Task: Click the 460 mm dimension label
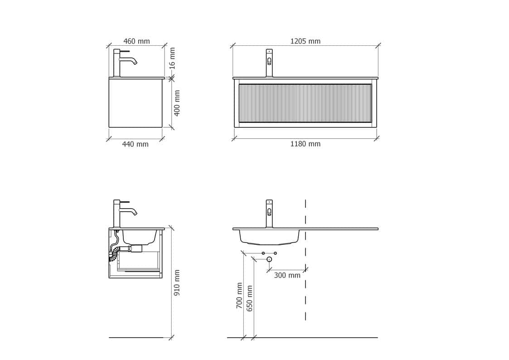pos(136,41)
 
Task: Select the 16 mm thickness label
pos(172,58)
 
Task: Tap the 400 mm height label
pos(177,103)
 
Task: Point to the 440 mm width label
pos(135,144)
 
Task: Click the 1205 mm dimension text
pos(305,41)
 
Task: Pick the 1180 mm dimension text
pos(305,144)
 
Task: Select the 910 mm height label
pos(177,283)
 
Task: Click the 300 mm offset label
pos(287,275)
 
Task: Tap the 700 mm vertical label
pos(239,296)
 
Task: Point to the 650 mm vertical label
pos(249,299)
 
